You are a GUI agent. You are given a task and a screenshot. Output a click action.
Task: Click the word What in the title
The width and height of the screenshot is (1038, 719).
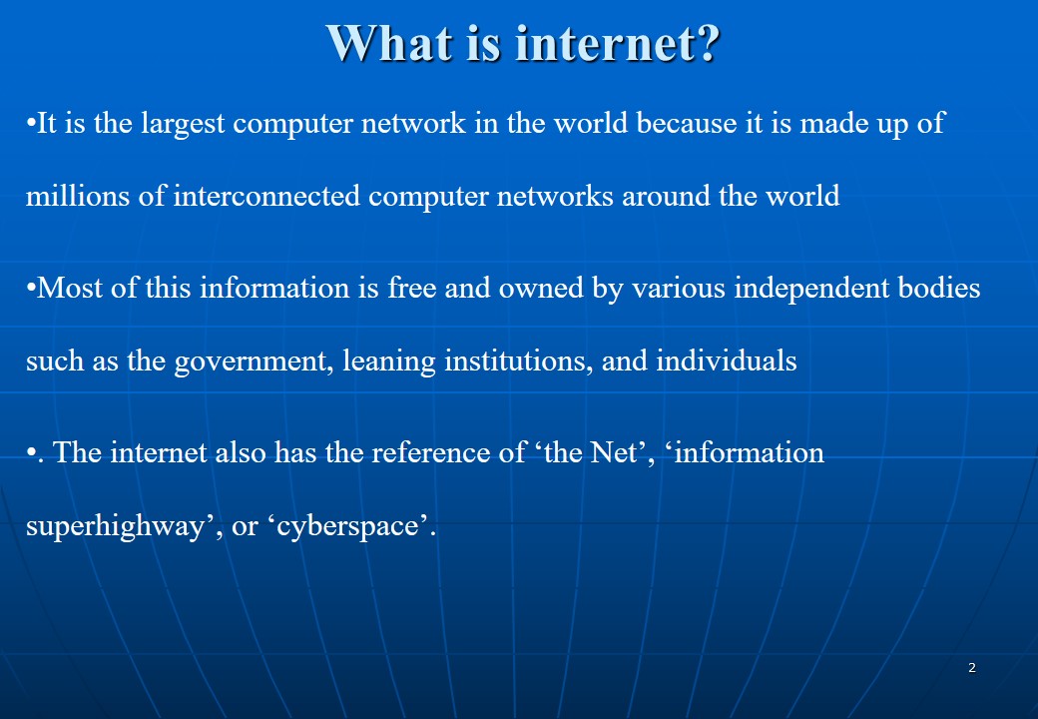coord(390,43)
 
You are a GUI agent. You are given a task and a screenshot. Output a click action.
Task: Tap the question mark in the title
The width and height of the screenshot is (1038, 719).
coord(707,44)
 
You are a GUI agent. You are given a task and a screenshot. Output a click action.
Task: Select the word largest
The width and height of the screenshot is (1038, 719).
coord(183,124)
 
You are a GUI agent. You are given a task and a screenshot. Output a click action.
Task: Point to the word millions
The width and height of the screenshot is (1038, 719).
coord(78,196)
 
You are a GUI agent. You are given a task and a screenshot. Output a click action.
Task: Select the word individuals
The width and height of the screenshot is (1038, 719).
coord(727,360)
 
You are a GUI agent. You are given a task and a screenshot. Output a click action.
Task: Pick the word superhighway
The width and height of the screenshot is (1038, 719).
coord(115,527)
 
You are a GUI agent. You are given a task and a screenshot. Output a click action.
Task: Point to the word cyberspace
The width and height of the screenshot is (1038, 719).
coord(347,527)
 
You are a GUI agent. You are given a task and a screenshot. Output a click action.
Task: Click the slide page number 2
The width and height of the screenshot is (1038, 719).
coord(972,667)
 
